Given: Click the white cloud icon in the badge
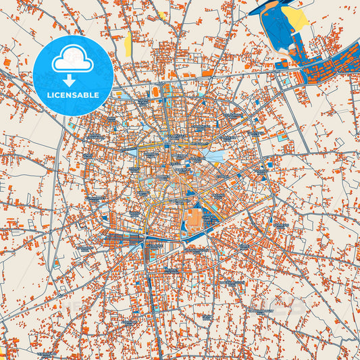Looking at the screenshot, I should coord(72,60).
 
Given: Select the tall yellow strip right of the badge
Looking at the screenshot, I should coord(128,45).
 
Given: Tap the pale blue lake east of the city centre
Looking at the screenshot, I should coord(215,157).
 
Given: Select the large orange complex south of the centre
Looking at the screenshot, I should coord(193,219).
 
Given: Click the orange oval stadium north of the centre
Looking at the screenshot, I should coord(157,91).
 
